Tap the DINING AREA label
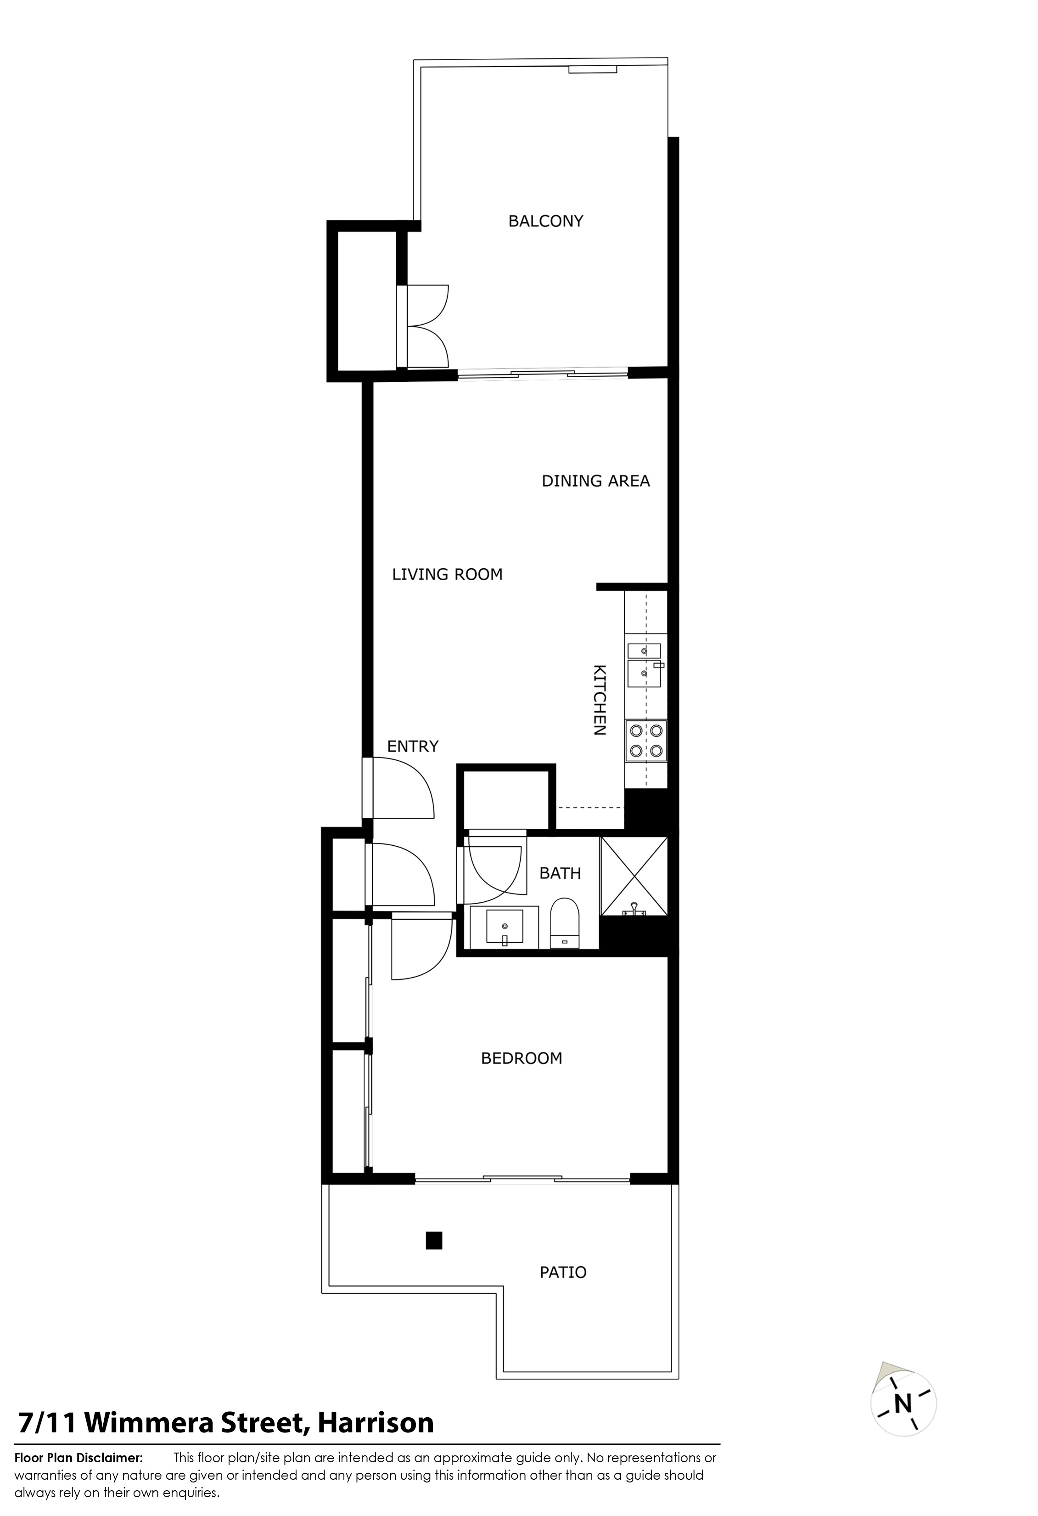click(596, 481)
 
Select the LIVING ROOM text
click(447, 574)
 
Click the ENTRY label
click(413, 746)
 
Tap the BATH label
click(560, 873)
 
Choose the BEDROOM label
click(522, 1058)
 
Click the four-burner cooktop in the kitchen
click(646, 741)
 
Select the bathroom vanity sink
click(505, 926)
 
